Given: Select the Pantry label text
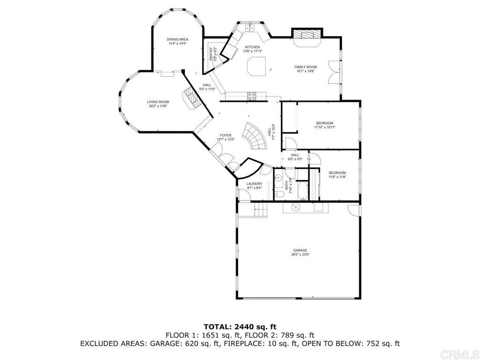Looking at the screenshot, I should point(211,54).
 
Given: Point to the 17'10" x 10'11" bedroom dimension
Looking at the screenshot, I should point(324,127).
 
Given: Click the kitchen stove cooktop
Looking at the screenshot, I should point(252,96).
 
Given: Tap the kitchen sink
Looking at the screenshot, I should point(250,28).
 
